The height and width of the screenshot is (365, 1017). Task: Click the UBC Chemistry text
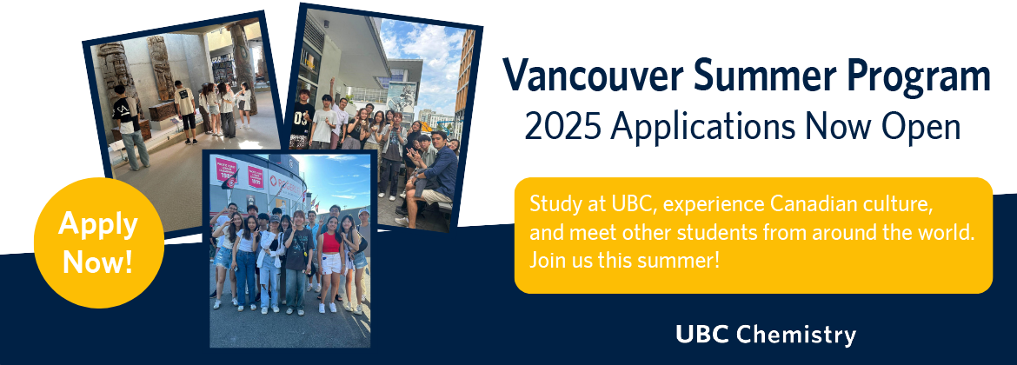765,335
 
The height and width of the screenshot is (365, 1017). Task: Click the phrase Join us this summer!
625,262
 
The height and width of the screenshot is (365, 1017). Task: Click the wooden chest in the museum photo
163,110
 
